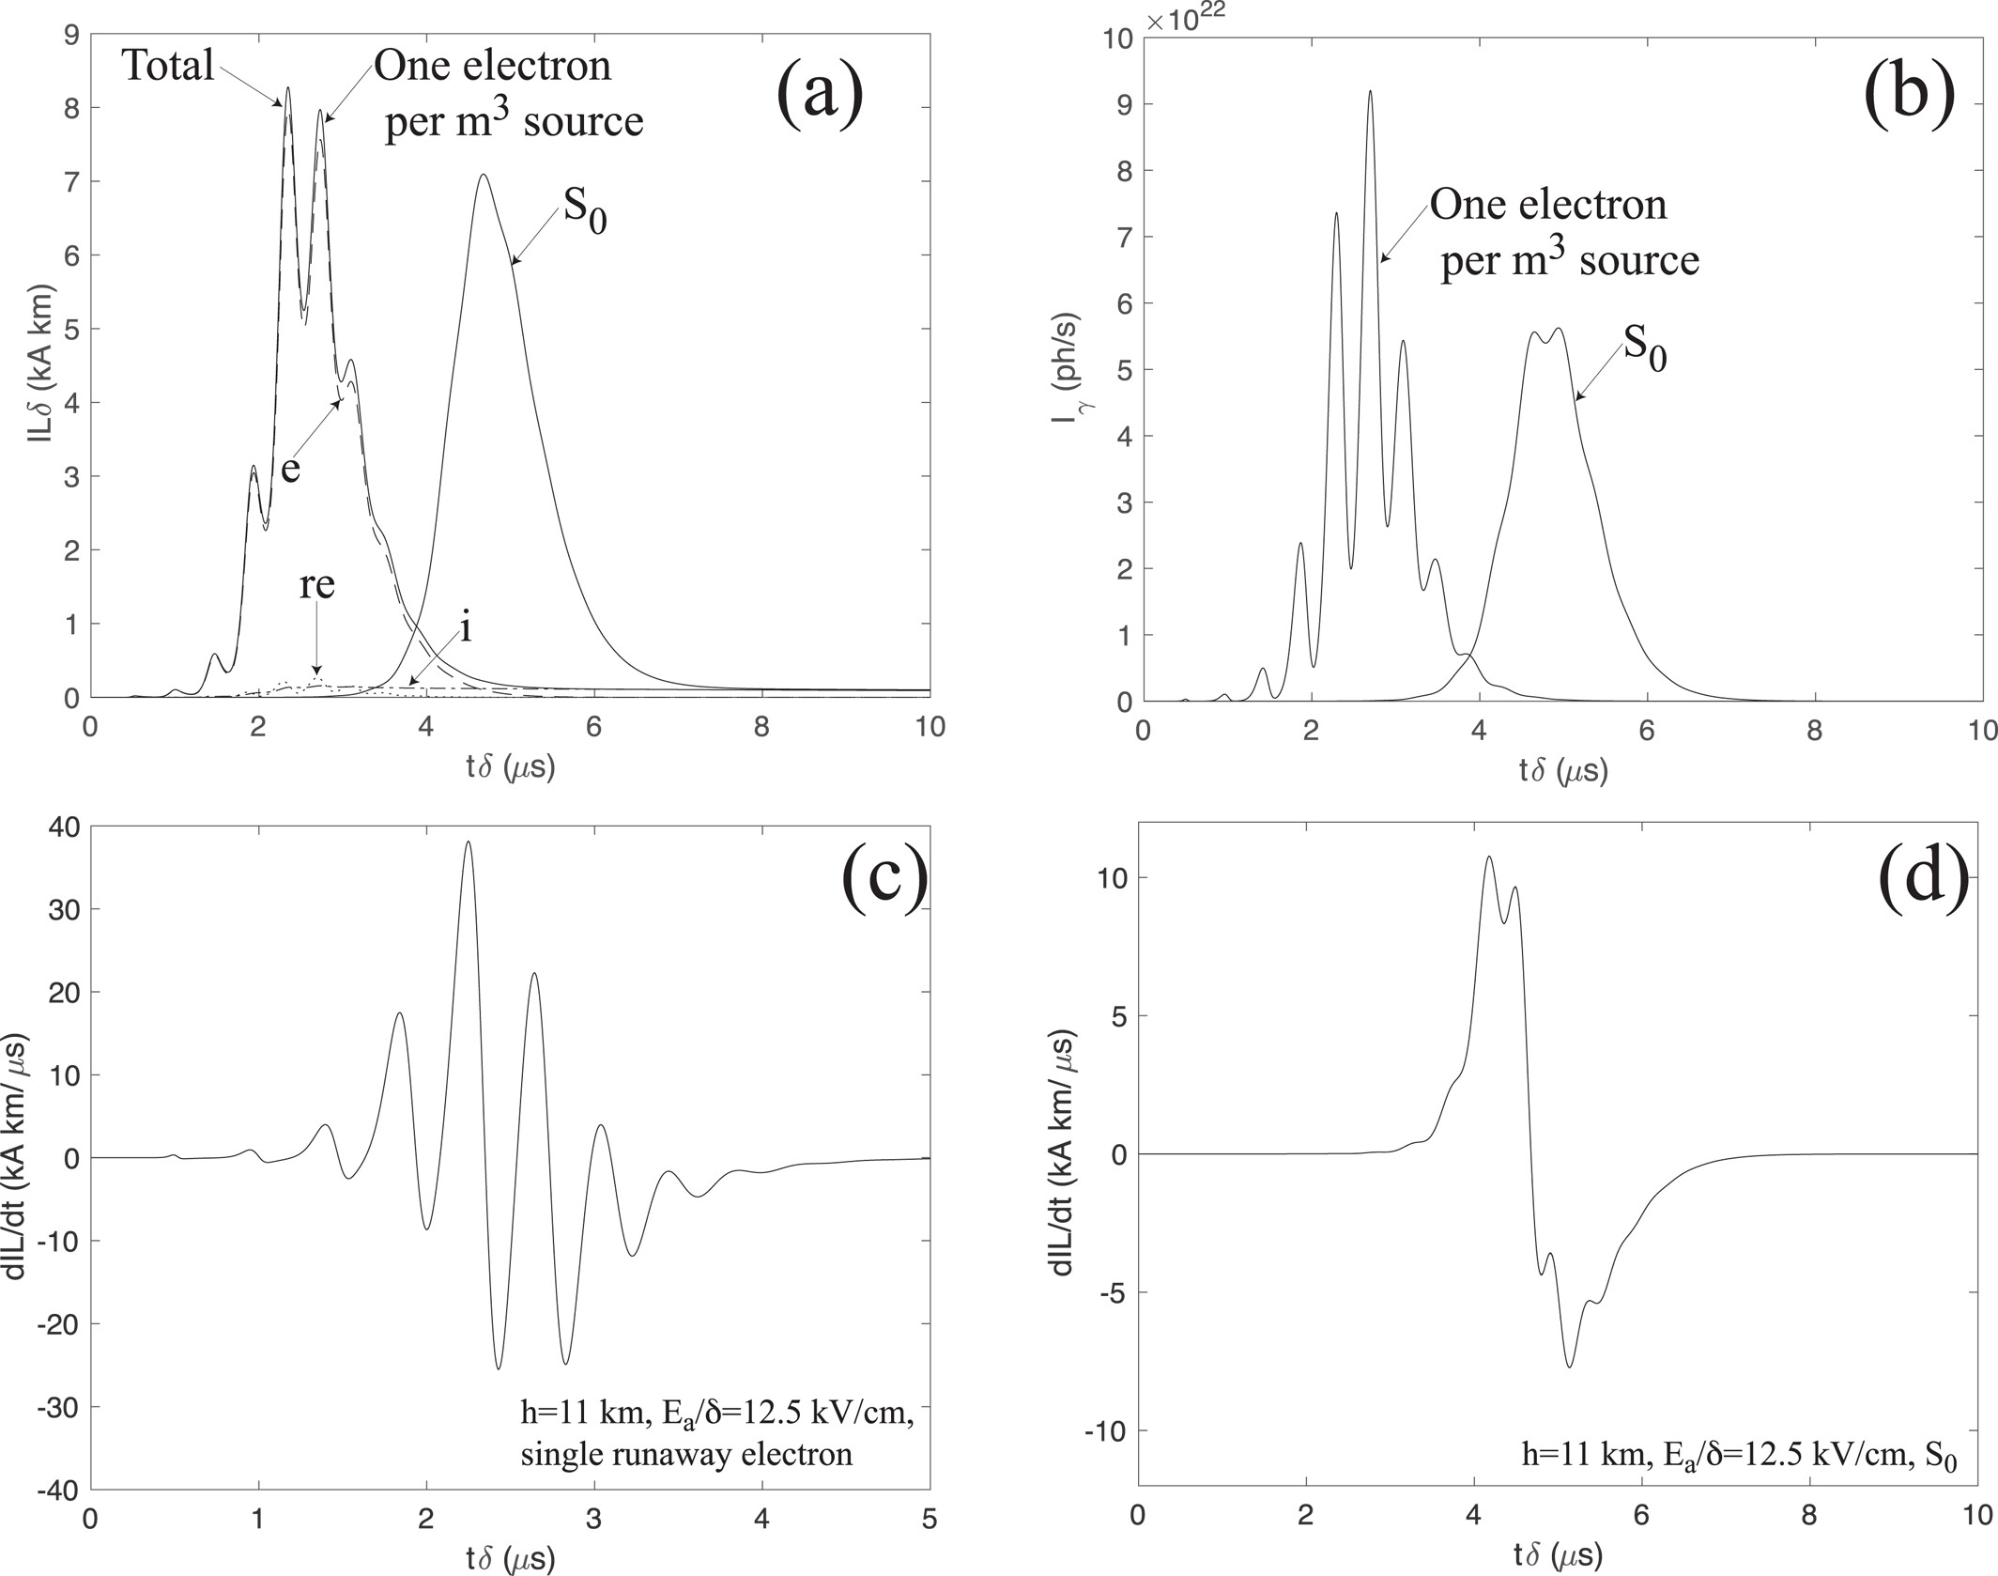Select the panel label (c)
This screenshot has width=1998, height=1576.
pos(884,885)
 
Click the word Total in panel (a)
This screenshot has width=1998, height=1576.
pos(168,66)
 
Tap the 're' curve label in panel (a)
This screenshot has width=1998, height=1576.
pos(316,585)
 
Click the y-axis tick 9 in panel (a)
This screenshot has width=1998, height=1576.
pos(70,35)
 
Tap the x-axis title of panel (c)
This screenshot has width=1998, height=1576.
pos(510,1559)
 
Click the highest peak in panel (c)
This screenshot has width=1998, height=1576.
pos(468,842)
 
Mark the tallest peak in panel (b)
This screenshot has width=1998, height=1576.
pos(1370,91)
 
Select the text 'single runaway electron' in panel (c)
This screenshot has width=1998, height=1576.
pos(686,1454)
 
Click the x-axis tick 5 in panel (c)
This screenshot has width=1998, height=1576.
pos(929,1521)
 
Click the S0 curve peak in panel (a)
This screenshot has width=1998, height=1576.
pos(483,175)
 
